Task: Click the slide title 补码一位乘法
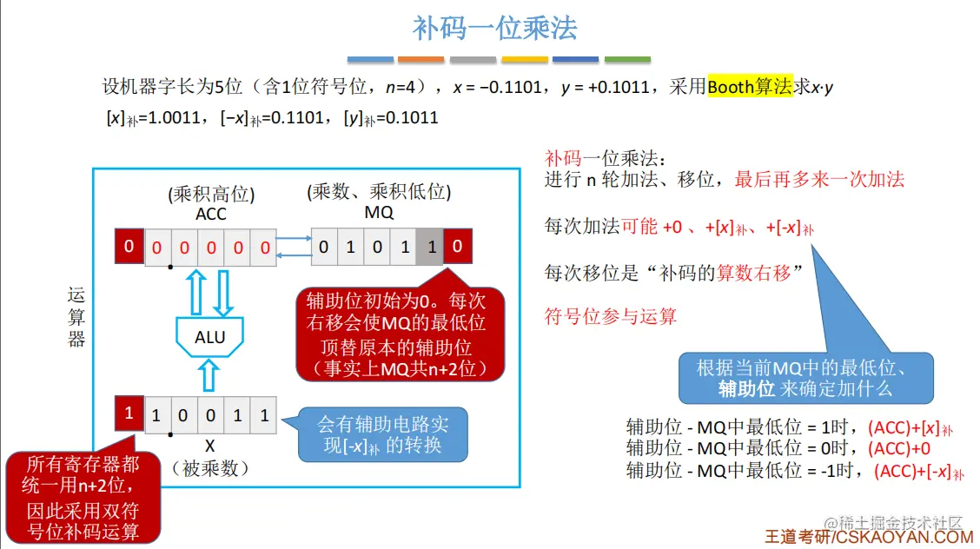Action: tap(494, 28)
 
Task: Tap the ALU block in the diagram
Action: tap(209, 336)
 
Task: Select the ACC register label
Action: tap(211, 214)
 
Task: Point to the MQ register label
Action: tap(378, 213)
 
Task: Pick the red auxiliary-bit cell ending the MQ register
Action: tap(457, 248)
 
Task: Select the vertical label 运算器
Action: tap(76, 317)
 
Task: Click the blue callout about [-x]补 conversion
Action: tap(382, 434)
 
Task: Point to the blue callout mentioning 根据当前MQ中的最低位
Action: tap(805, 378)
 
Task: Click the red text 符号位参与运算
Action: tap(610, 316)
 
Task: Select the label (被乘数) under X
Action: tap(209, 468)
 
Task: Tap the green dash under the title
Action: tap(627, 60)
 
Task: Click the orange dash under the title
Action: tap(421, 60)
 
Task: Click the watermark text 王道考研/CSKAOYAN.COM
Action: tap(868, 538)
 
